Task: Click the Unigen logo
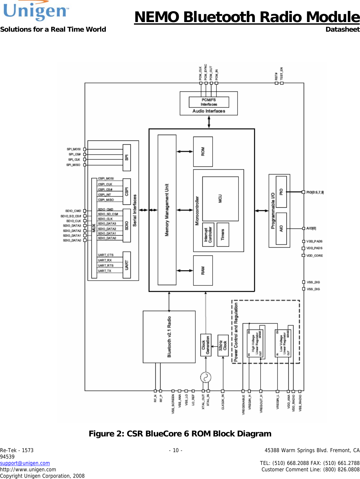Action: pyautogui.click(x=36, y=11)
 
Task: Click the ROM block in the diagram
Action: pyautogui.click(x=203, y=152)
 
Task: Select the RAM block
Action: pyautogui.click(x=203, y=270)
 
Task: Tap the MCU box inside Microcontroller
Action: pyautogui.click(x=220, y=199)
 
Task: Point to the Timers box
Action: pyautogui.click(x=223, y=235)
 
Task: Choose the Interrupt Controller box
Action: pyautogui.click(x=208, y=235)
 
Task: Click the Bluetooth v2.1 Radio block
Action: pyautogui.click(x=169, y=337)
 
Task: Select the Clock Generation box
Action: pyautogui.click(x=206, y=345)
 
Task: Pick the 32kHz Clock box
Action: pyautogui.click(x=223, y=345)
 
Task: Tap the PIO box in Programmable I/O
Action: pyautogui.click(x=281, y=192)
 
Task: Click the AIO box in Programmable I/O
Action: pyautogui.click(x=281, y=228)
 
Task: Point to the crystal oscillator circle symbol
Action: pyautogui.click(x=206, y=378)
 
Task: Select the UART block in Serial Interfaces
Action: pyautogui.click(x=127, y=265)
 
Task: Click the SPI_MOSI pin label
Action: pyautogui.click(x=74, y=149)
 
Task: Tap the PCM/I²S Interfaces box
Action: pyautogui.click(x=209, y=102)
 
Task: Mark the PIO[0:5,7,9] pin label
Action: pyautogui.click(x=315, y=192)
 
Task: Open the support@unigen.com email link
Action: pyautogui.click(x=25, y=463)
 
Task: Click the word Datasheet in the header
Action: pyautogui.click(x=342, y=29)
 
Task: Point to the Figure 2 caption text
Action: pyautogui.click(x=180, y=434)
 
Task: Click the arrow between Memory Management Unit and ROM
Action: pyautogui.click(x=185, y=152)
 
